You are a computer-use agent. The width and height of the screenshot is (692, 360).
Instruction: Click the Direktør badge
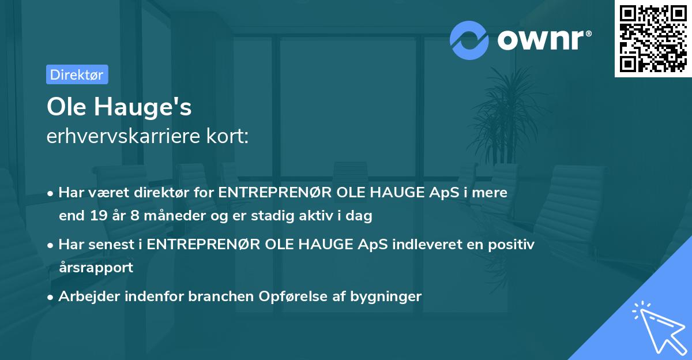point(77,74)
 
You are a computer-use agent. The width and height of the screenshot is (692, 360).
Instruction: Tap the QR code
point(653,39)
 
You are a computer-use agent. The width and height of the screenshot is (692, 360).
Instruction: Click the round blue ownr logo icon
point(469,40)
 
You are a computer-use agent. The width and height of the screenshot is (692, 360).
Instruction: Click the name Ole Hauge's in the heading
point(119,107)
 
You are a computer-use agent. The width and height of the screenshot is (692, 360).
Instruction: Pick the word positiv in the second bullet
point(511,244)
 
